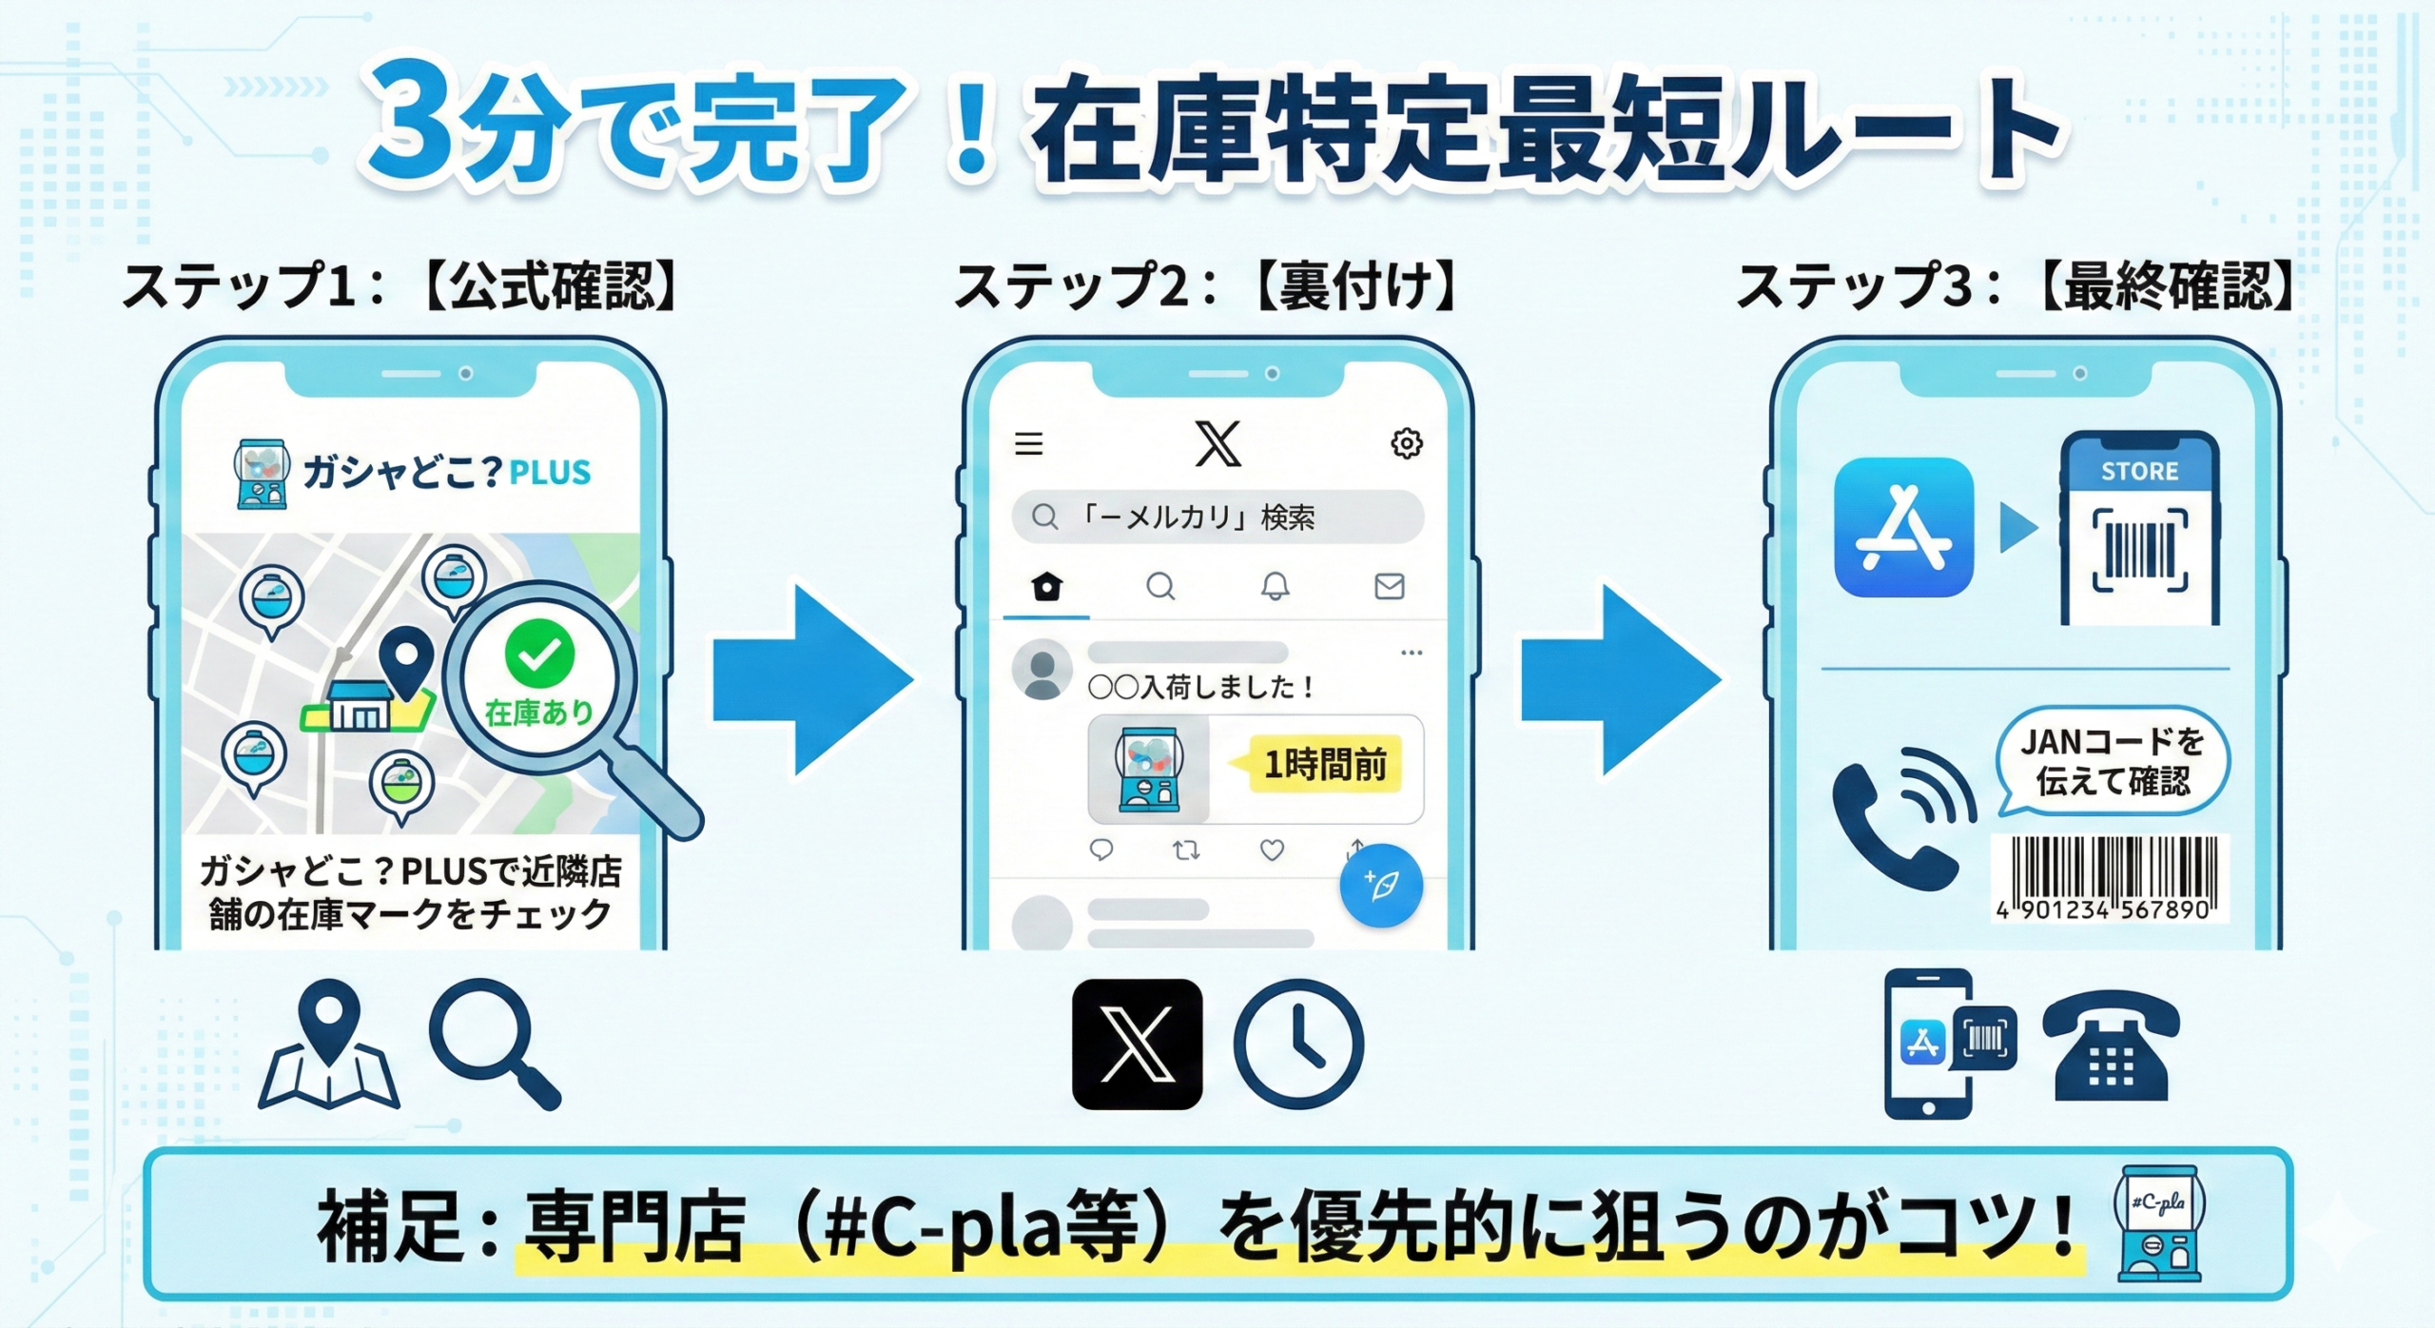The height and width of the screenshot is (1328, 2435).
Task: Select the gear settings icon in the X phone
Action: [x=1406, y=443]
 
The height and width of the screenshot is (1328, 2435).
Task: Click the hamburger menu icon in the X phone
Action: [x=1028, y=443]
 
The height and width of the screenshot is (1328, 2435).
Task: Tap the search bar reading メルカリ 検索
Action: [x=1217, y=517]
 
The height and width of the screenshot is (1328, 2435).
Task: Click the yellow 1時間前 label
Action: [x=1323, y=764]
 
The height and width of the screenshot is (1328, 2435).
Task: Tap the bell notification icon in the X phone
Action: [x=1275, y=586]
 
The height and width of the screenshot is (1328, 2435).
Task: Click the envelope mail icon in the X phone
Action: [x=1389, y=586]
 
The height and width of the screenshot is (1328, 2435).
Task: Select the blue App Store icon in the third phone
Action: [x=1903, y=527]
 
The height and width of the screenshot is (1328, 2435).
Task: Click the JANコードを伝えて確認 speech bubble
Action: [x=2112, y=761]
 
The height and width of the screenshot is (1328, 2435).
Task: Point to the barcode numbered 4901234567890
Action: [x=2109, y=878]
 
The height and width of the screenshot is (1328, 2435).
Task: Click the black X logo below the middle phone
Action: [x=1137, y=1044]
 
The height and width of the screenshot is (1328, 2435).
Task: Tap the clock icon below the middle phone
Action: [x=1298, y=1044]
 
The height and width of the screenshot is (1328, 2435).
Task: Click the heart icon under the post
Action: [x=1272, y=850]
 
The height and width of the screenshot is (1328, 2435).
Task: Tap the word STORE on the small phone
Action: [x=2139, y=471]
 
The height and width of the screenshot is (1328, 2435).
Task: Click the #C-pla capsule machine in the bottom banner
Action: [x=2158, y=1225]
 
